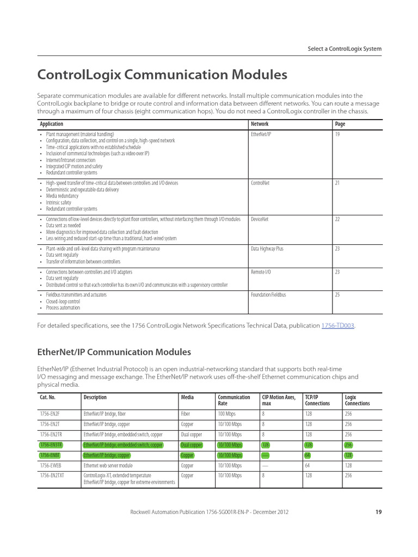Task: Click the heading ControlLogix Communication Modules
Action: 162,73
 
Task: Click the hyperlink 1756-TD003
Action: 337,325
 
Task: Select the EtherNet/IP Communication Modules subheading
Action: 114,352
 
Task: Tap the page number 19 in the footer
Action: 378,512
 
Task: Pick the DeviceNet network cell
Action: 260,219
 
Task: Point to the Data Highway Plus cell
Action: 267,249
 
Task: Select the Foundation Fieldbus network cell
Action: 268,295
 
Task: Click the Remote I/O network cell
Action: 261,271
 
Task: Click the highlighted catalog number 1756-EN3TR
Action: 51,445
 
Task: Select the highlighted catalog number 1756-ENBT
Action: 51,455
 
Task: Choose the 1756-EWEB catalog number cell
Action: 51,466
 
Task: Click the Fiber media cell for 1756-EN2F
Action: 186,413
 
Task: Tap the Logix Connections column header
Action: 358,400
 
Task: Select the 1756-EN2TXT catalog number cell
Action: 52,475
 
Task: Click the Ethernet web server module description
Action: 108,466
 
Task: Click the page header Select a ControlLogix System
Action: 345,49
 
